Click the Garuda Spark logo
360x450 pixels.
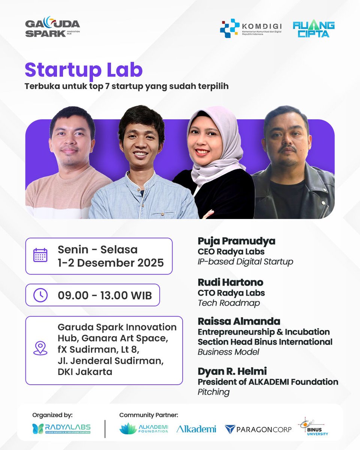52,28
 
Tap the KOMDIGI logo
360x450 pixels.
250,28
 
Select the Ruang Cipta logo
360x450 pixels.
313,29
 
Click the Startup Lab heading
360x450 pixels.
84,70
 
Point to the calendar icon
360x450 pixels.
40,255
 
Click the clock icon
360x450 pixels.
40,295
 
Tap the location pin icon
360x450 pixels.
40,348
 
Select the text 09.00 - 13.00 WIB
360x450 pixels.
105,295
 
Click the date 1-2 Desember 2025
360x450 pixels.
111,262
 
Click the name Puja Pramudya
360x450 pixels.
236,241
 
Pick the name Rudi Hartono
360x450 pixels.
230,282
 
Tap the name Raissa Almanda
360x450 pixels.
239,321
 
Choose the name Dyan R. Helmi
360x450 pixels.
232,371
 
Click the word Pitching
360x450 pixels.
213,392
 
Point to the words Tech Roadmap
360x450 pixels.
229,303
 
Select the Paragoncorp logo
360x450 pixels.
258,429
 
